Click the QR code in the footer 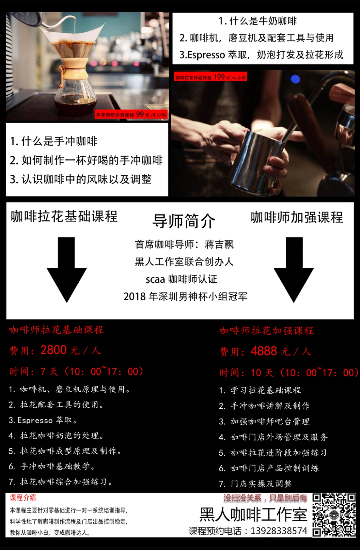point(334,515)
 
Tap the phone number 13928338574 point(279,531)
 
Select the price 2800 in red point(53,350)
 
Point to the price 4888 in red point(264,351)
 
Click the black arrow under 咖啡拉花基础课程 point(67,270)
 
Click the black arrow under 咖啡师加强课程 point(294,270)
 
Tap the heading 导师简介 point(184,221)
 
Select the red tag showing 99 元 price point(131,115)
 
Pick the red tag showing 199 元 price point(211,77)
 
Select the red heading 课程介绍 point(23,498)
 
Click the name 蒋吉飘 point(219,244)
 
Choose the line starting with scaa point(181,279)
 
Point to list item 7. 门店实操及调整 point(256,484)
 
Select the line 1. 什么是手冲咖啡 point(54,141)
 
